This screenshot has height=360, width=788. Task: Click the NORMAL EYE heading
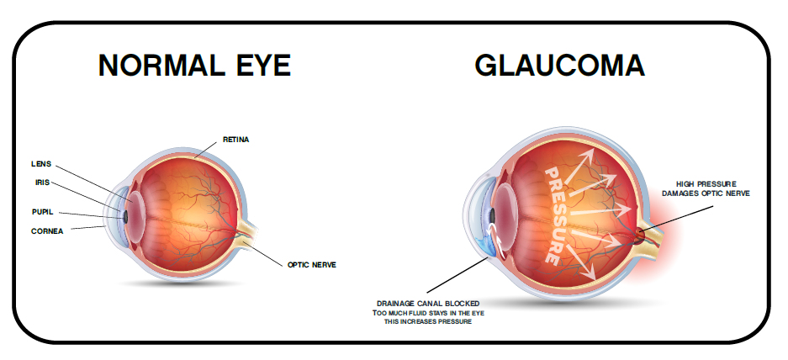point(194,66)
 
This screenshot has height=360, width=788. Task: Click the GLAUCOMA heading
point(560,66)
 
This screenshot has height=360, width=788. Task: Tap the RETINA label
point(235,140)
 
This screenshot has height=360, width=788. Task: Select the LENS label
point(41,164)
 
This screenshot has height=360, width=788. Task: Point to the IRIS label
point(42,183)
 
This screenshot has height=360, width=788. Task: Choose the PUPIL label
point(42,212)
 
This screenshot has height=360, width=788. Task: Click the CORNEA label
point(47,231)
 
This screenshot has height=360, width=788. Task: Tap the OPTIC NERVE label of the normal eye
point(311,264)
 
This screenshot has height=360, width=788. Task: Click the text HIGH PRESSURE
point(706,184)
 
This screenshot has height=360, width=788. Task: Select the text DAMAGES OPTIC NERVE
point(706,193)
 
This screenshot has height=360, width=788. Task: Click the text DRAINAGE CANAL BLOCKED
point(428,303)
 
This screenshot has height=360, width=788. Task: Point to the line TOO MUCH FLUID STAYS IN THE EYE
point(428,313)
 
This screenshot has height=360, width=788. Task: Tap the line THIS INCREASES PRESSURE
point(428,322)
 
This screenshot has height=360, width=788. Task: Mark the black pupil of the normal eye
point(125,217)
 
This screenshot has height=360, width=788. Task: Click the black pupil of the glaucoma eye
point(493,216)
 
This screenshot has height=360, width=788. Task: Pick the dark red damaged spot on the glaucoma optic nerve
point(640,235)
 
